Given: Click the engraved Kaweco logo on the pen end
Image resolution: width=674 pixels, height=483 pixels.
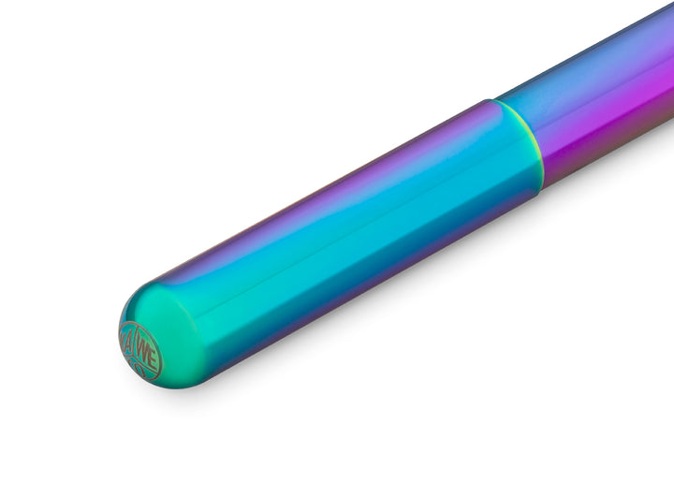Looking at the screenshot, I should (141, 348).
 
